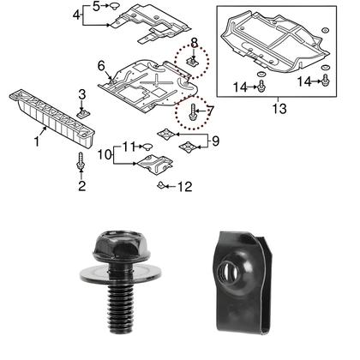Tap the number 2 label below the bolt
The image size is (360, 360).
point(82,184)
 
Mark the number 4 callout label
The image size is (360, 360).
point(76,15)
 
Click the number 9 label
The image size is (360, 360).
point(215,139)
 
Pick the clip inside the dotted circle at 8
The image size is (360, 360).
point(195,62)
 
